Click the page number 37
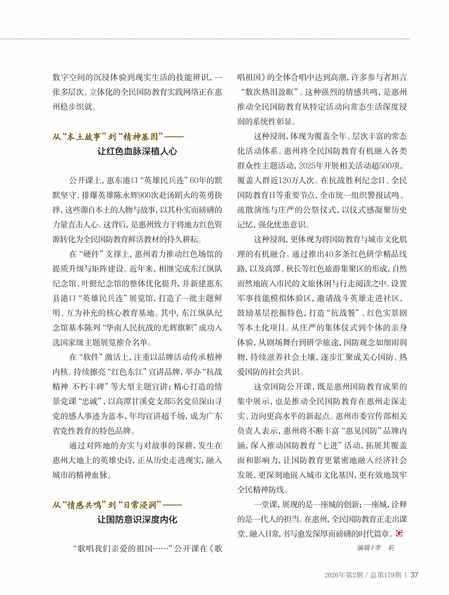click(414, 575)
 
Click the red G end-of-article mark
click(399, 533)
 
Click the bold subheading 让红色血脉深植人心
click(137, 151)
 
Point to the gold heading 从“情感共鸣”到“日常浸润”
click(107, 505)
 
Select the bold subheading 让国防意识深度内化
click(137, 519)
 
